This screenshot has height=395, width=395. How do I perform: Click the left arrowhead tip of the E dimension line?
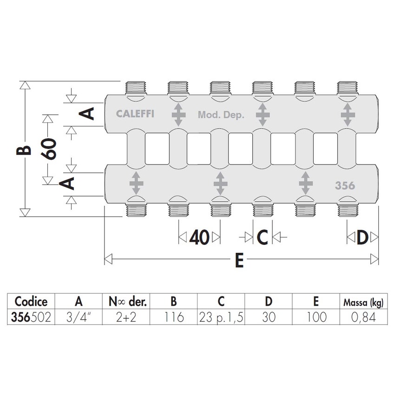105,259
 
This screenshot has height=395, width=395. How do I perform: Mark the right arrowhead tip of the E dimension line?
378,259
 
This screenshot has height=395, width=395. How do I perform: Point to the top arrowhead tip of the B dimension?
25,81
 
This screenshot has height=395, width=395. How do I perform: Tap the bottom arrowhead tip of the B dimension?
25,217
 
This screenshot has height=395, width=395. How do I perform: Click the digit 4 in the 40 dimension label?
194,237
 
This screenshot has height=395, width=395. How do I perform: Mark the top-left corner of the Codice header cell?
7,294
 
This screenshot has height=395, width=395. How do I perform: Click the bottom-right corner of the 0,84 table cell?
388,324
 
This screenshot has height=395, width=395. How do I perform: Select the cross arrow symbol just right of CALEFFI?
178,115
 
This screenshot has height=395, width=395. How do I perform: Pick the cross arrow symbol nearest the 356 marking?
306,183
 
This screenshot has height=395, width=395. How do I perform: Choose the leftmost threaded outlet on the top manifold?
136,88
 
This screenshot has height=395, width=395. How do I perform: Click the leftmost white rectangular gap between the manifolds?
157,149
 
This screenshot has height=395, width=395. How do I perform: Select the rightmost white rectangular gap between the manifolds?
325,149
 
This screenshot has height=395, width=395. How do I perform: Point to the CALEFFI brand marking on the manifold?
135,114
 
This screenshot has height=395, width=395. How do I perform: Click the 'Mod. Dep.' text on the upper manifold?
221,115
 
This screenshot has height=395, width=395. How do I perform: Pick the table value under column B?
174,317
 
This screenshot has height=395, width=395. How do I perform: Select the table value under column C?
221,317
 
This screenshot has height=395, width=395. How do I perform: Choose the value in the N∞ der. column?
126,317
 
